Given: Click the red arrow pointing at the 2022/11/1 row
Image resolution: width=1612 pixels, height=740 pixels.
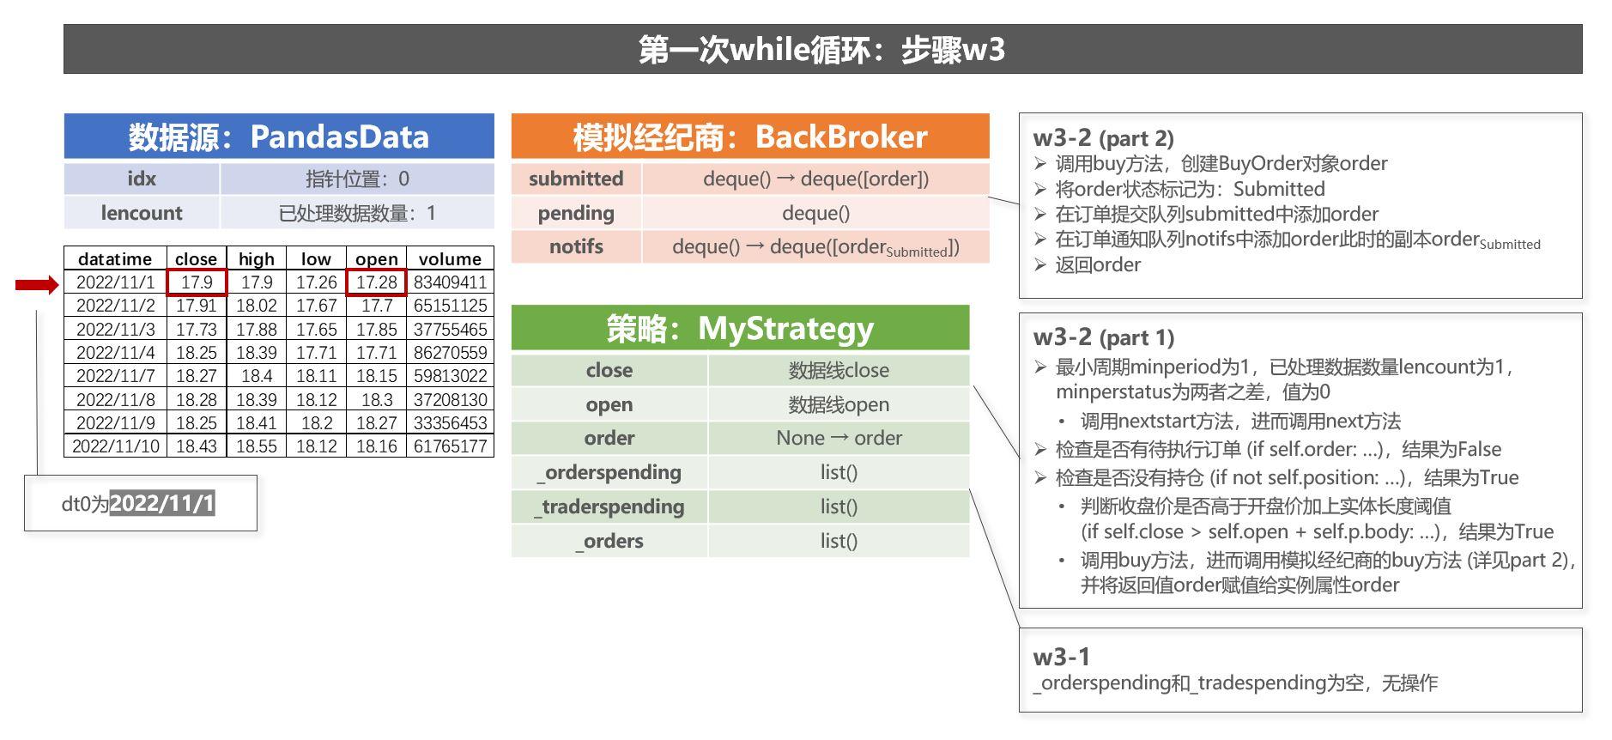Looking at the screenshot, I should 37,285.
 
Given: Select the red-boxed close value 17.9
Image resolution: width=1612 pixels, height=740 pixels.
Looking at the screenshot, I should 197,282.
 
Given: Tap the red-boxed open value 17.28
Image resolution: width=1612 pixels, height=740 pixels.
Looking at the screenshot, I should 376,282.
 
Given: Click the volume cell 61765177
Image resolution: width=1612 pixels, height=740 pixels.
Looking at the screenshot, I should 450,446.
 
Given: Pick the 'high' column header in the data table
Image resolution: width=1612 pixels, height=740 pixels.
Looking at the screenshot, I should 256,259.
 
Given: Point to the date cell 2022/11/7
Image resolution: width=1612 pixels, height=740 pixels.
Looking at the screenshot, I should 115,376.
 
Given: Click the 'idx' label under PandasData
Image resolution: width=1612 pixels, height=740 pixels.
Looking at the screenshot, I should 142,179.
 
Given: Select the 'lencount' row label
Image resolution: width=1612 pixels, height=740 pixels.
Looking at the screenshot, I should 142,213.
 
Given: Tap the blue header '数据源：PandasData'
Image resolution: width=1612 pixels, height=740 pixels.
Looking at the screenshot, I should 279,136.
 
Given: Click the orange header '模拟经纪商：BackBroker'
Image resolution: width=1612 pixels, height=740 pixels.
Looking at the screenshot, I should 749,136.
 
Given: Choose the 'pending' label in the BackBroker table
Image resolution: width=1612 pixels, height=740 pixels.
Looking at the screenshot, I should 576,213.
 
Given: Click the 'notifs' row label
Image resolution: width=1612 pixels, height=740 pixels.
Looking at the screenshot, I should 576,246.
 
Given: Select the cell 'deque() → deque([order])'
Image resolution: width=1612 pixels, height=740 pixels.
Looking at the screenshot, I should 815,179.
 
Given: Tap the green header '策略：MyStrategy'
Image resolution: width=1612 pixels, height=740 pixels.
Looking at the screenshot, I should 740,328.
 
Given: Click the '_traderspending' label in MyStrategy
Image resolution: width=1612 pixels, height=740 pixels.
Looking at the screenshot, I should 609,506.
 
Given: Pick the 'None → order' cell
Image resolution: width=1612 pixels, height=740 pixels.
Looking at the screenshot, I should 839,438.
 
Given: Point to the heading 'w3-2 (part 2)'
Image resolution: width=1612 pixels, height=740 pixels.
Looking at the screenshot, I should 1103,138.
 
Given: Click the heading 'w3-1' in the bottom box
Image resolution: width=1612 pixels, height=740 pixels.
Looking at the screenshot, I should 1061,657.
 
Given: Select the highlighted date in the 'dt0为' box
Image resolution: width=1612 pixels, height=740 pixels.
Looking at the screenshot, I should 162,503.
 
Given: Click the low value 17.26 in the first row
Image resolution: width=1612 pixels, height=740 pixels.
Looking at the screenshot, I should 316,282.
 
